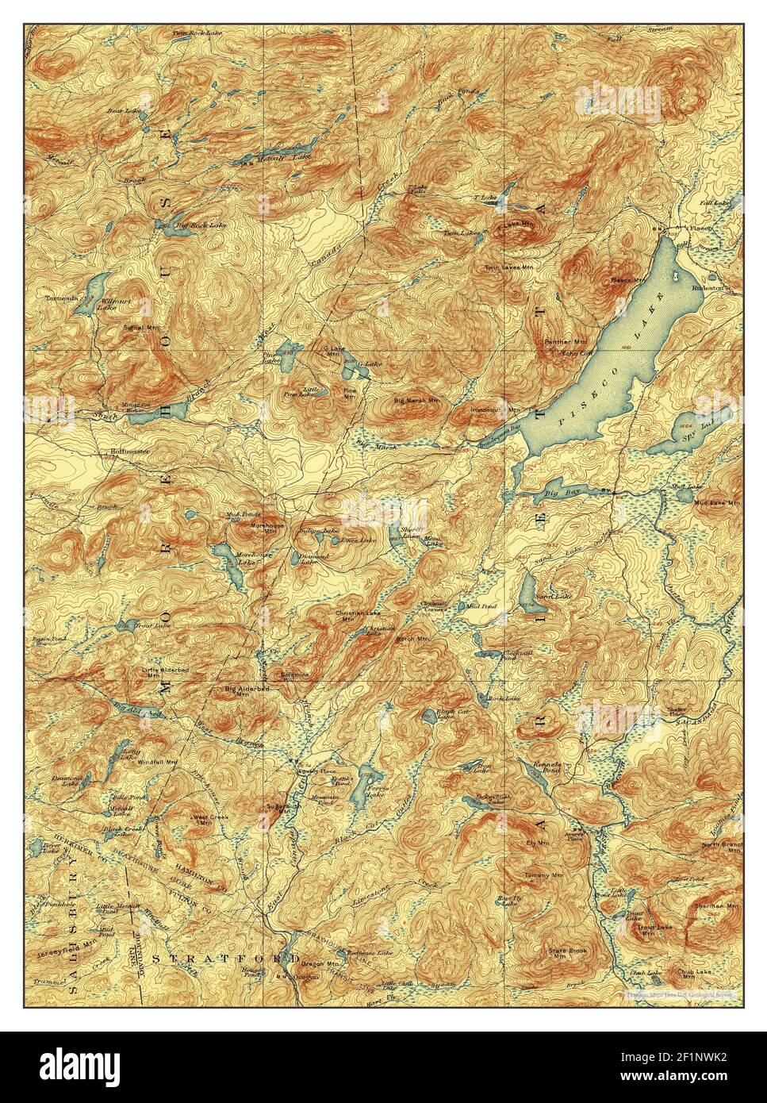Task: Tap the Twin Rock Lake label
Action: [195, 33]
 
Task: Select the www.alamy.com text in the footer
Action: [691, 1078]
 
